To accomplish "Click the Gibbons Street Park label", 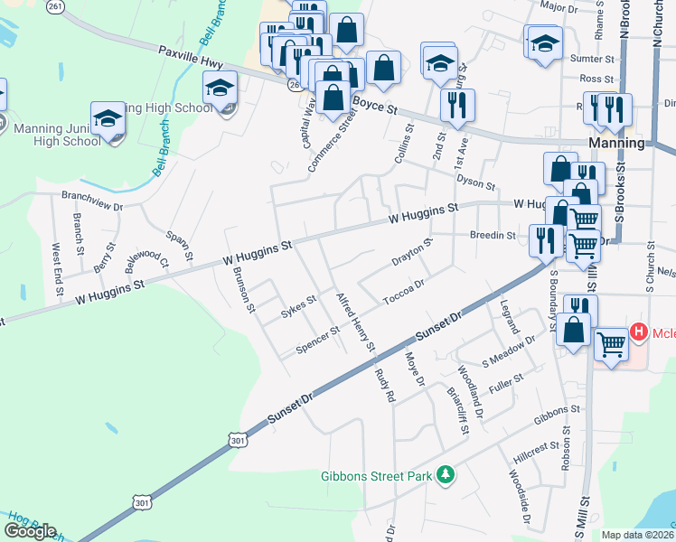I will click(x=378, y=476).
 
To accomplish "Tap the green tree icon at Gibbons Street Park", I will click(x=445, y=474).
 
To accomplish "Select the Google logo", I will click(x=30, y=531).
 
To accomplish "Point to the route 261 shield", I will click(x=56, y=6).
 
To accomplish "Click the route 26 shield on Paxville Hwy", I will click(x=295, y=84).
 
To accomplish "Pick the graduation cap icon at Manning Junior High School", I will click(x=108, y=118).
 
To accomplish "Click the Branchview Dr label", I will click(x=92, y=200).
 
